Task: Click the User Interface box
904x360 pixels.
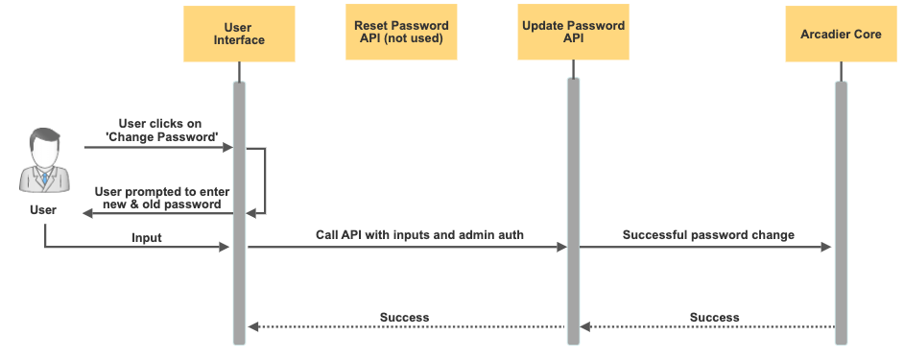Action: click(x=238, y=34)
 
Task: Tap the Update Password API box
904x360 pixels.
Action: click(x=573, y=33)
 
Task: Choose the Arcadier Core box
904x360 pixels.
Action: click(x=841, y=34)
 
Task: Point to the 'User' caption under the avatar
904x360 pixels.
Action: click(x=43, y=209)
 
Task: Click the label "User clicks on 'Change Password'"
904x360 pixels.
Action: click(x=161, y=131)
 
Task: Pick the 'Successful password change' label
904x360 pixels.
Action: click(x=708, y=234)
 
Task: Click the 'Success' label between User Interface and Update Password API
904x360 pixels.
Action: click(x=404, y=317)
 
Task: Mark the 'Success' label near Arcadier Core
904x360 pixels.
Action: click(x=714, y=317)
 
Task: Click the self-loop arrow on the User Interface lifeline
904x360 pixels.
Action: click(x=263, y=180)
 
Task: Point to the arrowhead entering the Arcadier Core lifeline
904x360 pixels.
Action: click(x=828, y=247)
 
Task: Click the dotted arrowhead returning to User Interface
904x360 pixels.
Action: click(x=251, y=327)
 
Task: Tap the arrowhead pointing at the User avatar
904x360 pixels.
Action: click(x=87, y=213)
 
